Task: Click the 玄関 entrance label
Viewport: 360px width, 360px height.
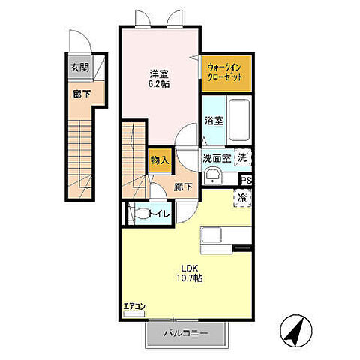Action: click(79, 67)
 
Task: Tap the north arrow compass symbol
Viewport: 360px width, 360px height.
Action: click(296, 331)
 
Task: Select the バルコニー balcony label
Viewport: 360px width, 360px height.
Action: click(186, 333)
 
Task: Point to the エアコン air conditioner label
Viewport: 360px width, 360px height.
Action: click(134, 306)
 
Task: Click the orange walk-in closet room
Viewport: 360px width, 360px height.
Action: click(226, 73)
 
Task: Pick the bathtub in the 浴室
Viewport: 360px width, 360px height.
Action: click(239, 120)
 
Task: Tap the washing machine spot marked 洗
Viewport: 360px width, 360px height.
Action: click(242, 157)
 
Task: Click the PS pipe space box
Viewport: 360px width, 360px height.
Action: click(247, 181)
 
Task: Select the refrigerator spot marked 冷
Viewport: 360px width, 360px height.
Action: click(242, 198)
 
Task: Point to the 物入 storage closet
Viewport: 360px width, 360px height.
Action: click(160, 160)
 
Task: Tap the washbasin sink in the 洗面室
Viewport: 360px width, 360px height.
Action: click(212, 175)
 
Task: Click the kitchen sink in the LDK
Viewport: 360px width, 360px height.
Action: click(211, 235)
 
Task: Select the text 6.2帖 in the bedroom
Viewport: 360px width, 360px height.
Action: click(159, 84)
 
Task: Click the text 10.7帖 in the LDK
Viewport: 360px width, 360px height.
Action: click(190, 278)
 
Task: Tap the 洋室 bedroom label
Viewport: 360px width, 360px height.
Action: click(159, 74)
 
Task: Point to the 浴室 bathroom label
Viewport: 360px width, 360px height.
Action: click(214, 121)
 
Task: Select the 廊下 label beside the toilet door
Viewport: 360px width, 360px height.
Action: click(183, 187)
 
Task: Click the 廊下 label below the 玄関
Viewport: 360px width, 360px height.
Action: click(82, 94)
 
